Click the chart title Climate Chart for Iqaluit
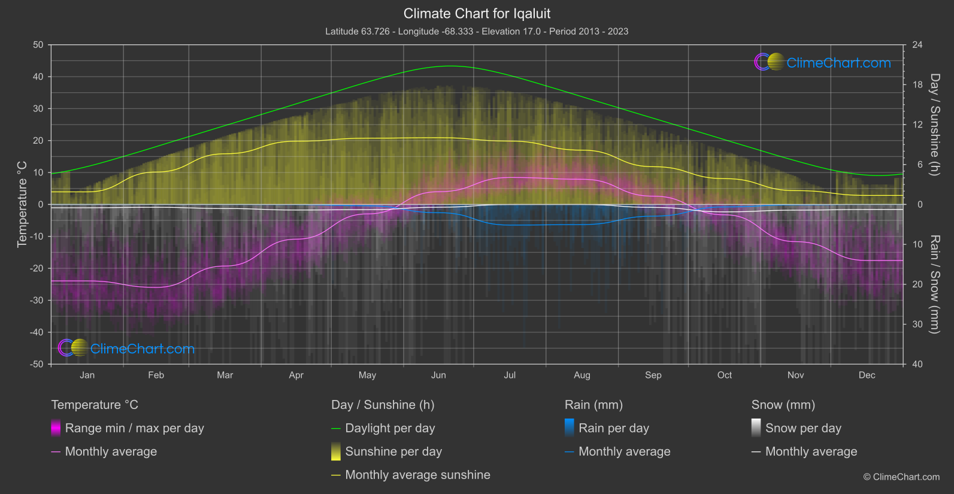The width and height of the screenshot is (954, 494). pos(477,14)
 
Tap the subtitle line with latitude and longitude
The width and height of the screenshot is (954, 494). pos(477,31)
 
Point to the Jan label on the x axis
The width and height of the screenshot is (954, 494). pos(87,375)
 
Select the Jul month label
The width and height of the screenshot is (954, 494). pos(510,375)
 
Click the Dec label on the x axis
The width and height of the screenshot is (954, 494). pos(867,375)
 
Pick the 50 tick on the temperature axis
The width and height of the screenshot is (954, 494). pos(38,45)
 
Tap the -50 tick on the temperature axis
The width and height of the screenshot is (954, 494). pos(37,364)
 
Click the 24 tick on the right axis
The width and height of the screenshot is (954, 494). pos(917,45)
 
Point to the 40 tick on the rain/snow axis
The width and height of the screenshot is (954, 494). pos(917,364)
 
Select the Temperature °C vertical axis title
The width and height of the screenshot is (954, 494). pos(22,204)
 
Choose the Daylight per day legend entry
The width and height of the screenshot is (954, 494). pos(390,428)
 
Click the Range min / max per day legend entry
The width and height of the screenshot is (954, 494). pos(134,428)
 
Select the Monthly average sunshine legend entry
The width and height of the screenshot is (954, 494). pos(417,475)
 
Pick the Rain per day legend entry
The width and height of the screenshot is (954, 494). pos(613,428)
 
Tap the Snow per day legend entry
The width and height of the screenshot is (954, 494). pos(803,428)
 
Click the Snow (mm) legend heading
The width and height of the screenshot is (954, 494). pos(783,405)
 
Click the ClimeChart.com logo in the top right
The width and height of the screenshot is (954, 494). pos(823,62)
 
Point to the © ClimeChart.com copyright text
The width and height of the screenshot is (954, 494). pos(901,477)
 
